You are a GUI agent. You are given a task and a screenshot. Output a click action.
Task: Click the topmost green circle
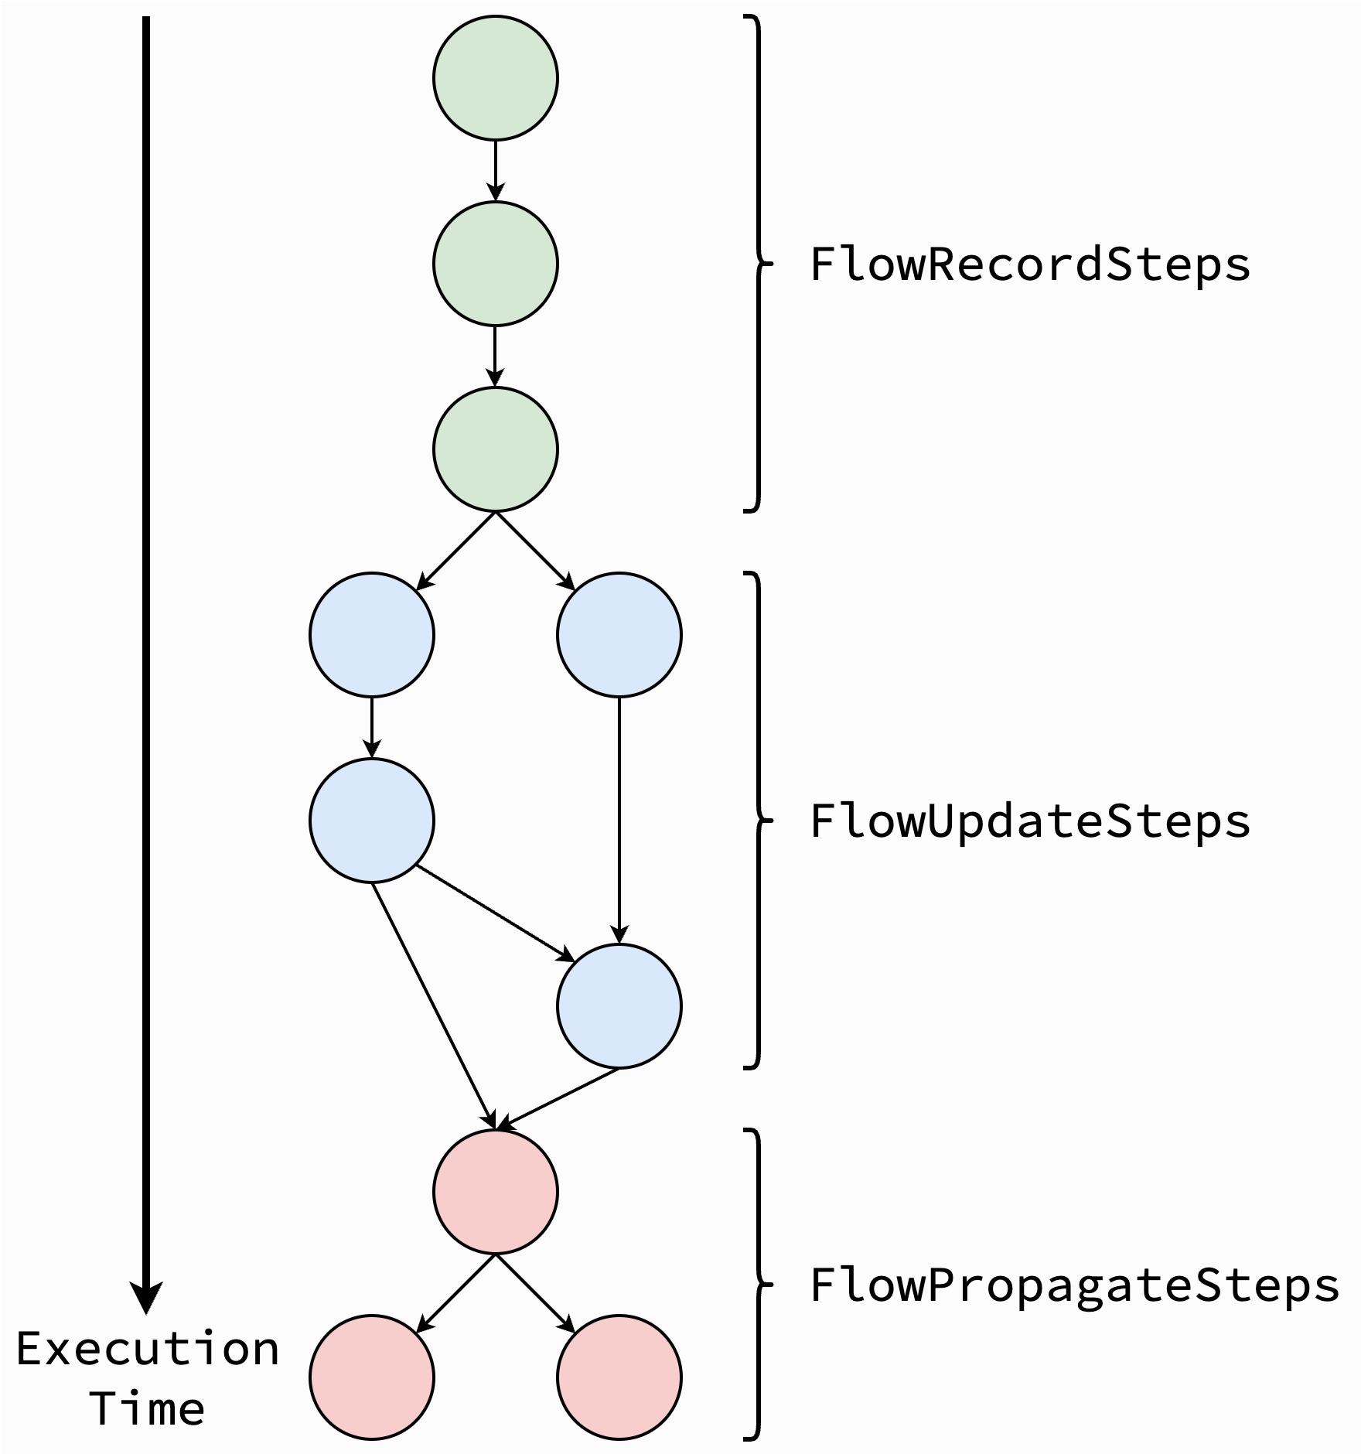pyautogui.click(x=495, y=78)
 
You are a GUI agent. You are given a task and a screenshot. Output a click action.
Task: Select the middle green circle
pyautogui.click(x=495, y=264)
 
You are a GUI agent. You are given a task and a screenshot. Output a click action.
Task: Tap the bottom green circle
pyautogui.click(x=495, y=449)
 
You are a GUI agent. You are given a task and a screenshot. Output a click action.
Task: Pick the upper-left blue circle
pyautogui.click(x=372, y=635)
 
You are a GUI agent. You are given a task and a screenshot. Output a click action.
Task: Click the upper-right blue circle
pyautogui.click(x=619, y=635)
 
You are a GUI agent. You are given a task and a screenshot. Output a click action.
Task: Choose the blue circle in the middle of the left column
pyautogui.click(x=372, y=821)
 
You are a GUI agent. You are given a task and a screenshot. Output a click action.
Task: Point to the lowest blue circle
pyautogui.click(x=619, y=1006)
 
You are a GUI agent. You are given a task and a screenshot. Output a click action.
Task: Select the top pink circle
pyautogui.click(x=495, y=1192)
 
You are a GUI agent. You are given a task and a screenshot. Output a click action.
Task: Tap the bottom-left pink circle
pyautogui.click(x=372, y=1377)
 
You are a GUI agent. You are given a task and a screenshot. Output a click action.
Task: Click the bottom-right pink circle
pyautogui.click(x=619, y=1377)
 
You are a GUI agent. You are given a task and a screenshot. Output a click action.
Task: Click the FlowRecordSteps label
pyautogui.click(x=1029, y=265)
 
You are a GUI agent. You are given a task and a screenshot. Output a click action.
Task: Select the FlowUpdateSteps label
pyautogui.click(x=1029, y=822)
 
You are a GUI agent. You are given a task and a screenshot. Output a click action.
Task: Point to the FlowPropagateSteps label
pyautogui.click(x=1074, y=1286)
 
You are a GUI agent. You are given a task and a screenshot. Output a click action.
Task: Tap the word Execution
pyautogui.click(x=148, y=1350)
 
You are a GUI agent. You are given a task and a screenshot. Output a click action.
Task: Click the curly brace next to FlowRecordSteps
pyautogui.click(x=759, y=264)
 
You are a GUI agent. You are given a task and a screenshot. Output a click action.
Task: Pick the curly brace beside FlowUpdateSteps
pyautogui.click(x=759, y=821)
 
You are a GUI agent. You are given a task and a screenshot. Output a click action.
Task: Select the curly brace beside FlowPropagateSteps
pyautogui.click(x=759, y=1285)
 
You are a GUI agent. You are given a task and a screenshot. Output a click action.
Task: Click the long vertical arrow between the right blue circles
pyautogui.click(x=619, y=821)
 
